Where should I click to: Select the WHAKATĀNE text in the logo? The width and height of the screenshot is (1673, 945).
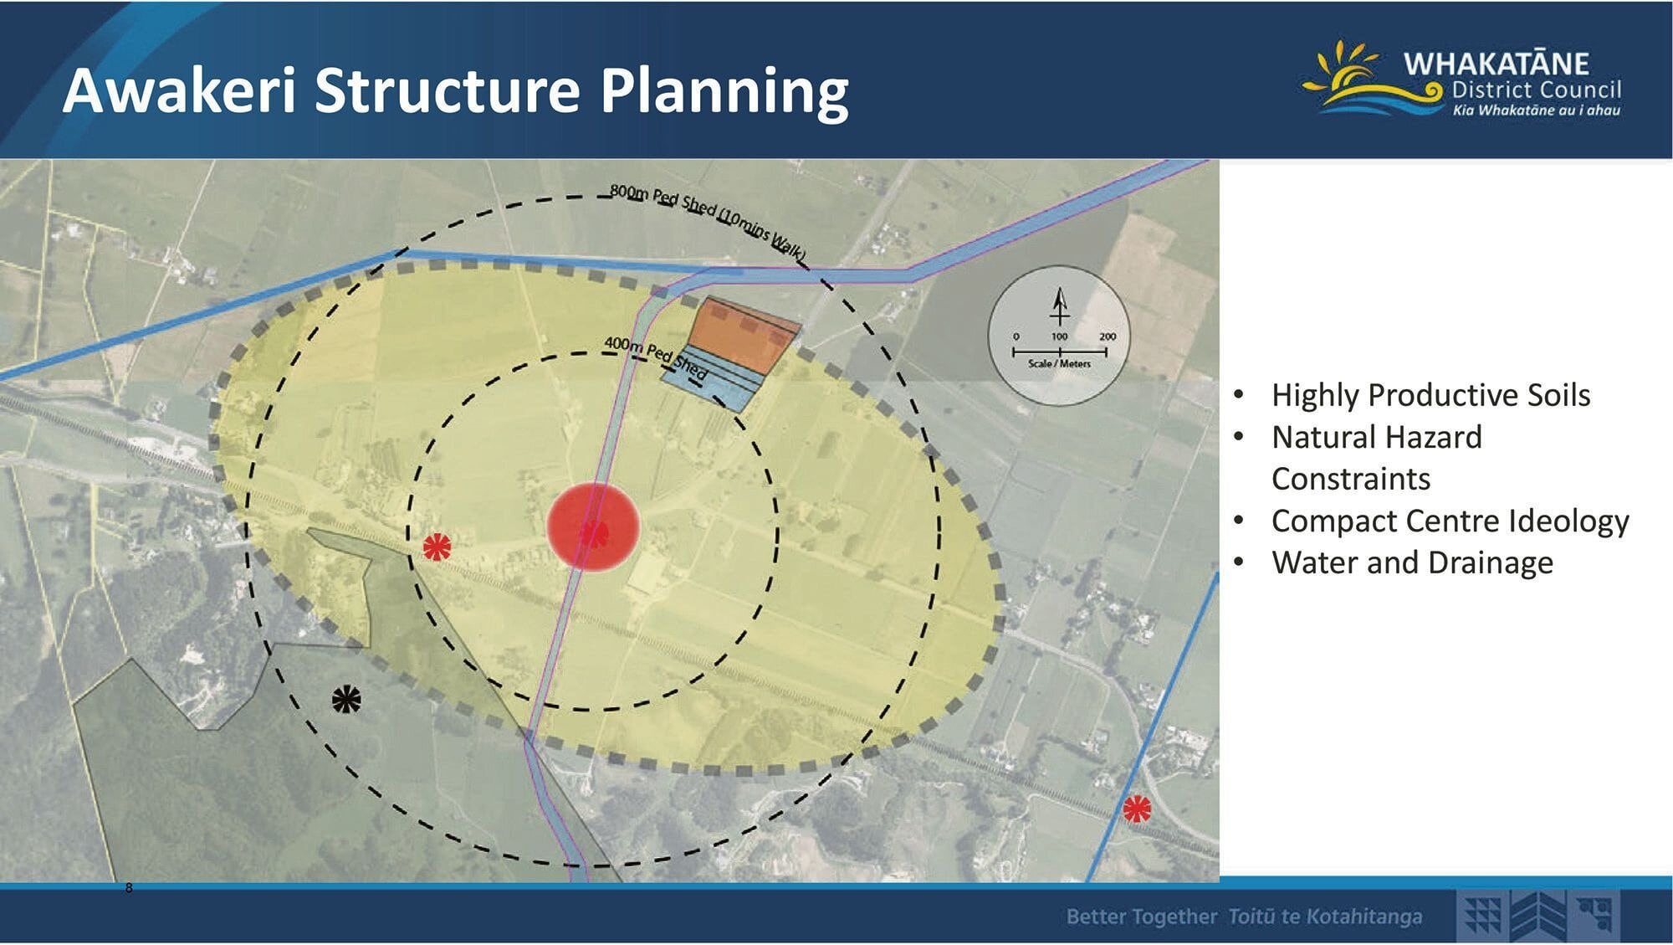(1496, 63)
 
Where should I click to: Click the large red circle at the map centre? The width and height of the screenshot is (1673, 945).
(593, 527)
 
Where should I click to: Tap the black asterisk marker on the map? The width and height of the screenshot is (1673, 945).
(346, 699)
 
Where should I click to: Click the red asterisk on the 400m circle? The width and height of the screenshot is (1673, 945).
(437, 547)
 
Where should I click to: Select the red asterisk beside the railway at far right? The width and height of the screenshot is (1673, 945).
(1136, 809)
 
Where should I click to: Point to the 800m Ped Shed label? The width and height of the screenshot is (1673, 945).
(708, 220)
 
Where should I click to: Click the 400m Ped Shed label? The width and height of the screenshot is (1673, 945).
(656, 357)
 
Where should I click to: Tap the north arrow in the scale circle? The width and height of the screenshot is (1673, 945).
(1060, 306)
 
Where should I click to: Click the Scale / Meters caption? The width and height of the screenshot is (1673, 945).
(1059, 364)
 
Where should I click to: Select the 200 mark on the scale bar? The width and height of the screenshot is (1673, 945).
(1108, 336)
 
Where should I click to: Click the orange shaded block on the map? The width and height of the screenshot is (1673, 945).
(744, 334)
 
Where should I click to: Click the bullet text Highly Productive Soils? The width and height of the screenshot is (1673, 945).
(1430, 395)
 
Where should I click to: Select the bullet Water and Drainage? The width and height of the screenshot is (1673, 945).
(1412, 562)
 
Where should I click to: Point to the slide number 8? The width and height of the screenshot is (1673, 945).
(129, 888)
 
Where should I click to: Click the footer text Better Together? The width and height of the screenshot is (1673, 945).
(1142, 917)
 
